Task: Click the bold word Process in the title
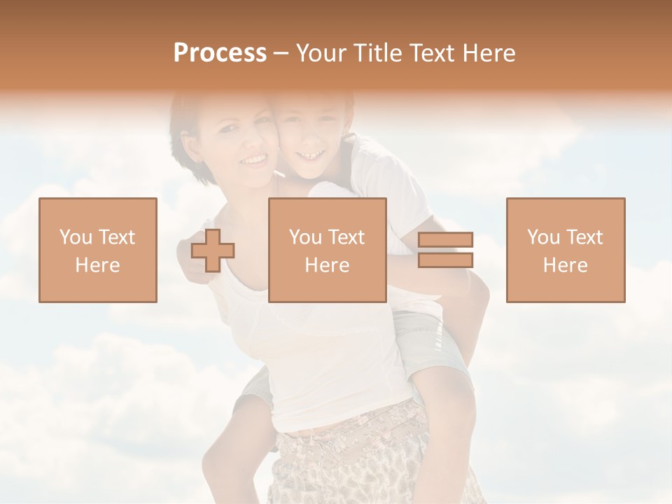(220, 52)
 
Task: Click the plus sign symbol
(213, 251)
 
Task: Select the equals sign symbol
(445, 250)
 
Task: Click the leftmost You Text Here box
(98, 250)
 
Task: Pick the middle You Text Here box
(328, 250)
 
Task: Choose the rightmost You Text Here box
(566, 250)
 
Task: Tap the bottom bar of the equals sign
(445, 260)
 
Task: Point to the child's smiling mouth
(310, 154)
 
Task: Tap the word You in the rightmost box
(542, 237)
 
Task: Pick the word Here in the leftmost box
(98, 265)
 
